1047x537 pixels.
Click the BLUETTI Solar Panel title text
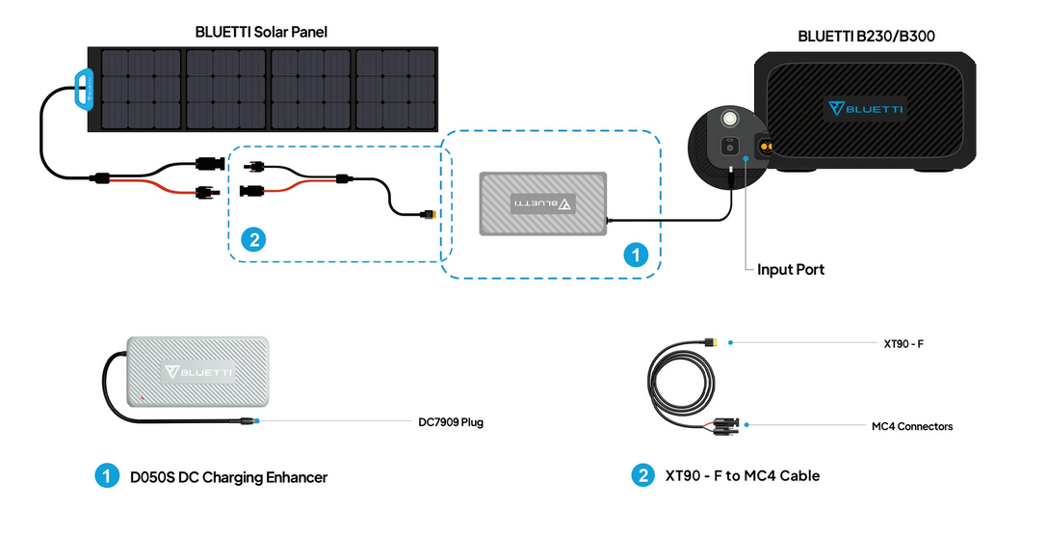261,32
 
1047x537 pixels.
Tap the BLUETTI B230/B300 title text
866,37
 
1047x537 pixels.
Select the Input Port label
790,269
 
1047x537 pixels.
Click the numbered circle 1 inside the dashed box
635,255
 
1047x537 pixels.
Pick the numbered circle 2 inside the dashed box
254,239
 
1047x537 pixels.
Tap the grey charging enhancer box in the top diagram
542,203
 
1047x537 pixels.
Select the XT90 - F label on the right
903,343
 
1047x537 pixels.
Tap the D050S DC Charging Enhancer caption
229,476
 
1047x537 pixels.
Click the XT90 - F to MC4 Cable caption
741,475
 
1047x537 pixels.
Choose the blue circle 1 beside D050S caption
106,475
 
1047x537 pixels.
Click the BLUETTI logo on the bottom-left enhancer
200,370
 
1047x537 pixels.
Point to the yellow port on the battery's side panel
767,148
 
